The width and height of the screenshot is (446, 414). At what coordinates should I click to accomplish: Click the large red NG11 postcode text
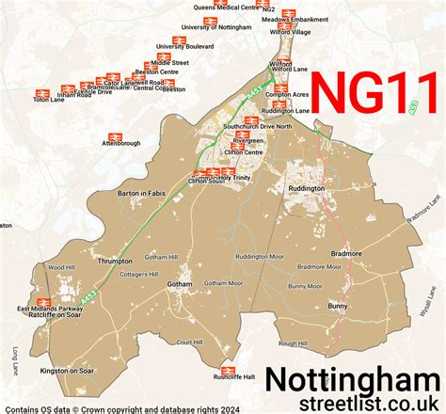[374, 96]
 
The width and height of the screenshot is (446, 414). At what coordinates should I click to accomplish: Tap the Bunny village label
[338, 306]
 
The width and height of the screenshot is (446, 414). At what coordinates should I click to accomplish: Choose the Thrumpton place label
[116, 261]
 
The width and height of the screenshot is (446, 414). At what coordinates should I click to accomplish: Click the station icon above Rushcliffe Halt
[227, 370]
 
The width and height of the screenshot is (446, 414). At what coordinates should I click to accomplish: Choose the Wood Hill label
[61, 268]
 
